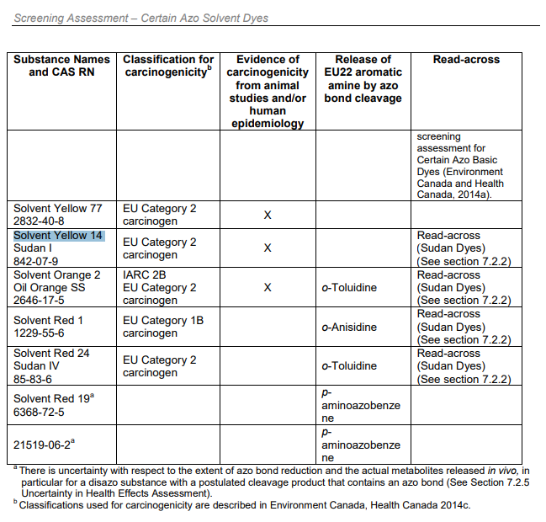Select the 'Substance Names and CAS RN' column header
point(62,66)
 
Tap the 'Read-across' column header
point(465,60)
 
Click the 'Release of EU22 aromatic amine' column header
point(363,78)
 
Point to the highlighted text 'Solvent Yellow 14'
point(58,236)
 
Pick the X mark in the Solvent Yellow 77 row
point(268,216)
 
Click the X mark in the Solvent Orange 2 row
point(268,288)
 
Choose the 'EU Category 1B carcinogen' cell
point(163,327)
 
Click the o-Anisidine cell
point(348,327)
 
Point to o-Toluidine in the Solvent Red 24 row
point(348,366)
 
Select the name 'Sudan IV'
point(36,366)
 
